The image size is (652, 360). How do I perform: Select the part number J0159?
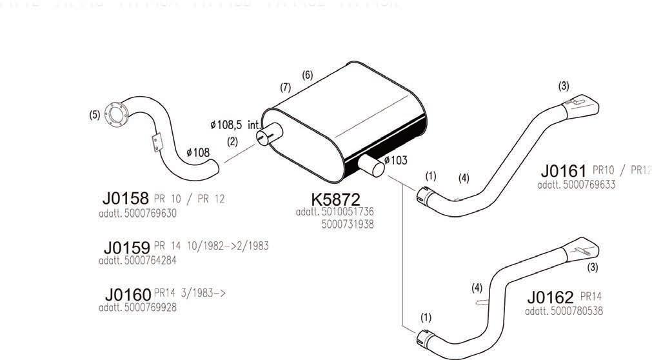click(x=126, y=247)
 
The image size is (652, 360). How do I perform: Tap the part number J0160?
click(x=128, y=295)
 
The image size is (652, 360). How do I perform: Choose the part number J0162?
click(x=550, y=297)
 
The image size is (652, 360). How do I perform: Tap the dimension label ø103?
click(x=395, y=161)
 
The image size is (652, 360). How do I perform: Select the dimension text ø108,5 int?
click(x=235, y=123)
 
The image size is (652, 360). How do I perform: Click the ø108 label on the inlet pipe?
click(x=198, y=153)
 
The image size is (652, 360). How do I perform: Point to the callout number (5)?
click(x=95, y=115)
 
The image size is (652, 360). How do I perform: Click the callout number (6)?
click(x=308, y=75)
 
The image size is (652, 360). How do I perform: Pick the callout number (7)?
click(x=285, y=86)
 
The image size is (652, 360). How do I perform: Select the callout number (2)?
click(x=233, y=141)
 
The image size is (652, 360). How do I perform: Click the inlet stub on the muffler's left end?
click(x=267, y=135)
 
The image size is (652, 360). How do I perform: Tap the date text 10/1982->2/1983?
click(x=226, y=246)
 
